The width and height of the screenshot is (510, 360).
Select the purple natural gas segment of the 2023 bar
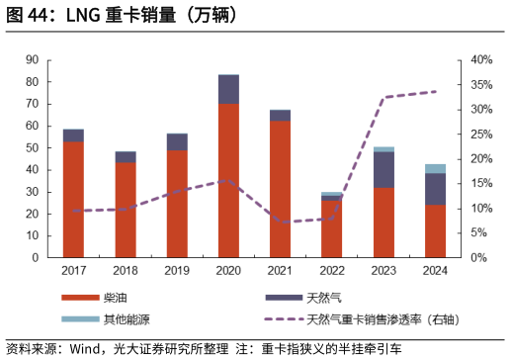[383, 169]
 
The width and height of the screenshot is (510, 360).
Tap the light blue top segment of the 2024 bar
[435, 168]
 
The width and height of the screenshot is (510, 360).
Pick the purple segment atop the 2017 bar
[73, 135]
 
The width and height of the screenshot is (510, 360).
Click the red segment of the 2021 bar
[280, 188]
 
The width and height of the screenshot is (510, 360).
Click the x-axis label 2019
[176, 271]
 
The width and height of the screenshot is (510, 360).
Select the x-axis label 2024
[435, 271]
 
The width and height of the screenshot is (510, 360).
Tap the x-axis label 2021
[280, 271]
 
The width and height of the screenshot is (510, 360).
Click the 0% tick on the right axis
[478, 257]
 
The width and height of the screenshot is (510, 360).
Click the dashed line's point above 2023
[383, 97]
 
